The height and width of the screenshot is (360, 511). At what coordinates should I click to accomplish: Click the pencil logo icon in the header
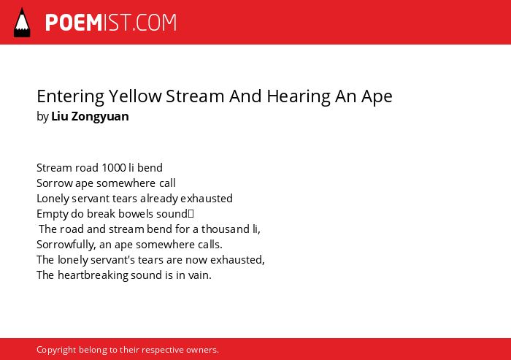(x=22, y=23)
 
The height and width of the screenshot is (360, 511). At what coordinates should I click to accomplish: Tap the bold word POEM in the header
(x=74, y=23)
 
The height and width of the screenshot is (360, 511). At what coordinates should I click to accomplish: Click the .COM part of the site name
(x=155, y=23)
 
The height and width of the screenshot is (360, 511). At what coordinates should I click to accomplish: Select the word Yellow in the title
(x=135, y=96)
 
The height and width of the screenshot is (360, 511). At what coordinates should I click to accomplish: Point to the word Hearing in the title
(x=299, y=97)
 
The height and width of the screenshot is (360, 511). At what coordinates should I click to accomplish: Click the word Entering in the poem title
(x=70, y=97)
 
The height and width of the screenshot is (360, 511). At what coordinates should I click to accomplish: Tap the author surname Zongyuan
(x=100, y=117)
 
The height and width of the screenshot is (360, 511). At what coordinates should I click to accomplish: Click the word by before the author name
(x=42, y=117)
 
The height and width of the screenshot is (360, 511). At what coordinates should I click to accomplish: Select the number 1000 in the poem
(x=114, y=168)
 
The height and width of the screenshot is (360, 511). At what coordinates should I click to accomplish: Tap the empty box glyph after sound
(x=191, y=214)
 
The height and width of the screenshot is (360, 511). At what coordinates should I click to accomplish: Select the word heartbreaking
(x=93, y=275)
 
